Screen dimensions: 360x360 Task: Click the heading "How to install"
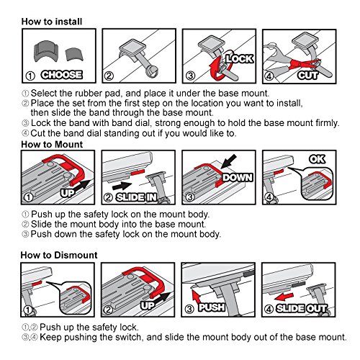pos(52,22)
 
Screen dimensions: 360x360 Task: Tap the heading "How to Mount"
pos(52,145)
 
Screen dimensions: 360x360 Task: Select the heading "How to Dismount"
pos(59,255)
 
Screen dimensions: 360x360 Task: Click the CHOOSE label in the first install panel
pos(62,75)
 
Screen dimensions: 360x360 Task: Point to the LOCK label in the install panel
pos(240,59)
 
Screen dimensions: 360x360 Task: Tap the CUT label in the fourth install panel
pos(307,76)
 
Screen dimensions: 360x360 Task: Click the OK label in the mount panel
pos(317,159)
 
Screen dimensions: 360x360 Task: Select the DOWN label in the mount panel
pos(238,177)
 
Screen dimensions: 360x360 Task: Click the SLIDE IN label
pos(137,197)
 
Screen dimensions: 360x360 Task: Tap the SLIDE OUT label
pos(302,308)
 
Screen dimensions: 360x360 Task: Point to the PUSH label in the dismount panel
pos(212,307)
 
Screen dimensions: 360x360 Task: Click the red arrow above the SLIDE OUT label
pos(284,297)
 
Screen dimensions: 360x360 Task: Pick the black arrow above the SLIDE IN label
pos(122,186)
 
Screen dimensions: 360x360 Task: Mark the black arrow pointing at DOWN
pos(228,161)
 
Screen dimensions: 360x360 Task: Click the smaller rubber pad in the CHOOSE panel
pos(74,55)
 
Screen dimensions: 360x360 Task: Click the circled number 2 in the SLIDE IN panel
pos(108,197)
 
